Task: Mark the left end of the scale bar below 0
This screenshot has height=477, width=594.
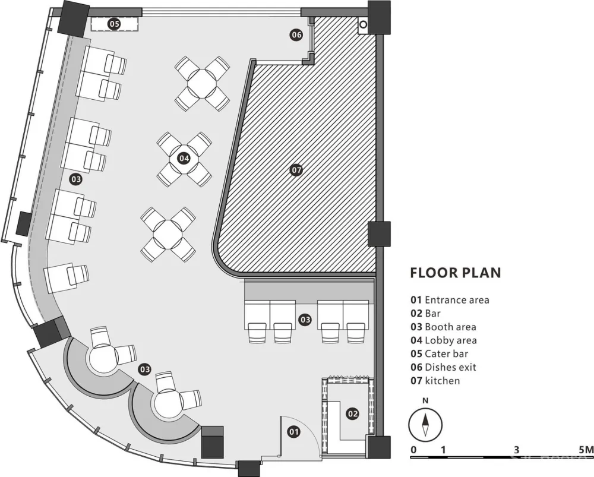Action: (411, 457)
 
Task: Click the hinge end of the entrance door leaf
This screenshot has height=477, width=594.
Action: (280, 454)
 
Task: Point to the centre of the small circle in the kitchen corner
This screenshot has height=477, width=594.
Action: (363, 24)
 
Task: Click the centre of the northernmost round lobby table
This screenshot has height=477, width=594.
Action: (203, 84)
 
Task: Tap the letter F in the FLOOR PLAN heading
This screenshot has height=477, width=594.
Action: (415, 273)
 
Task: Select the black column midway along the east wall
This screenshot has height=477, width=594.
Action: (379, 234)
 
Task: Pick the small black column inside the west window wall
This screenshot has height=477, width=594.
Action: (24, 224)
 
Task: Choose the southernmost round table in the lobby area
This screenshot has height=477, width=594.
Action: (168, 235)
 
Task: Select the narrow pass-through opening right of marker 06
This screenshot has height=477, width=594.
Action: (311, 38)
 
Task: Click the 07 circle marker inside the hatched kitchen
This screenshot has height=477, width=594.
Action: (296, 170)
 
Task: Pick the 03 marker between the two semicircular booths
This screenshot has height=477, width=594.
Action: (145, 369)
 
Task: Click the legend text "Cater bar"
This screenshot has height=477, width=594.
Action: (446, 353)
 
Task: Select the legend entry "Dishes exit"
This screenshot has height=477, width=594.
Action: (443, 367)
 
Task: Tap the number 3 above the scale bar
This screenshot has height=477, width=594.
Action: (516, 450)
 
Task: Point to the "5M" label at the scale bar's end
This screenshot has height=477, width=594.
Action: (586, 450)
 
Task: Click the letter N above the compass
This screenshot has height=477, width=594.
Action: (425, 400)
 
